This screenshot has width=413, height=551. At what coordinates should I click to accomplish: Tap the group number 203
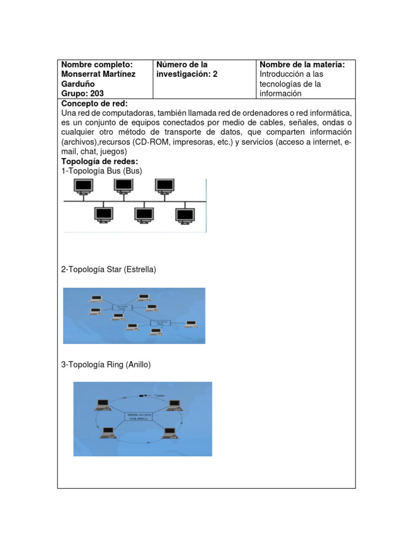[x=96, y=94]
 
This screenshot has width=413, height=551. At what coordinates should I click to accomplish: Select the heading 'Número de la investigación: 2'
[x=187, y=69]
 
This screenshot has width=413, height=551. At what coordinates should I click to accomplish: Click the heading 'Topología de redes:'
[x=100, y=161]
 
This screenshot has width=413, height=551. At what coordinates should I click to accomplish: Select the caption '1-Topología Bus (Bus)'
[x=102, y=171]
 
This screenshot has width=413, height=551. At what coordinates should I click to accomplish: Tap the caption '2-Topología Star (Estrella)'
[x=109, y=270]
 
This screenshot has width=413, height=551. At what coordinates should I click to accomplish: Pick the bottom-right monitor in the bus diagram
[x=184, y=215]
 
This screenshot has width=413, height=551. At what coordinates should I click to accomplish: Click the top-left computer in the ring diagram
[x=103, y=404]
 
